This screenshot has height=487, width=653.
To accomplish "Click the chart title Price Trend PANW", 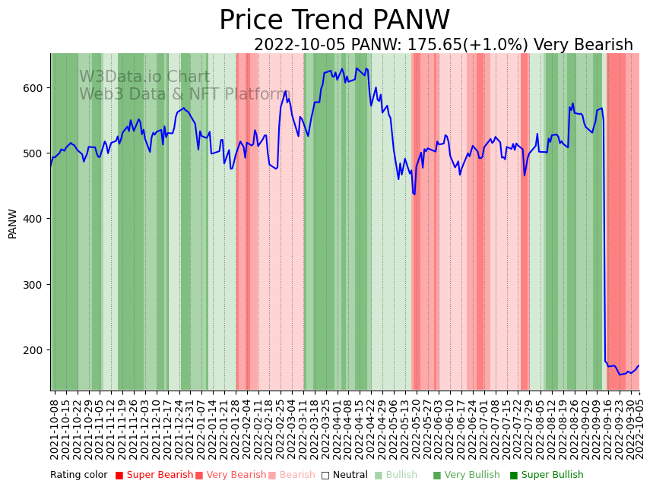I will [x=334, y=21].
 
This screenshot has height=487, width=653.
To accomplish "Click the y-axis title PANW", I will [x=12, y=223].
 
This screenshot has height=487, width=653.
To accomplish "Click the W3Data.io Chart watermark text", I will [x=144, y=77].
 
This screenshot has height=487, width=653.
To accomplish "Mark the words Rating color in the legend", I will [x=79, y=476].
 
